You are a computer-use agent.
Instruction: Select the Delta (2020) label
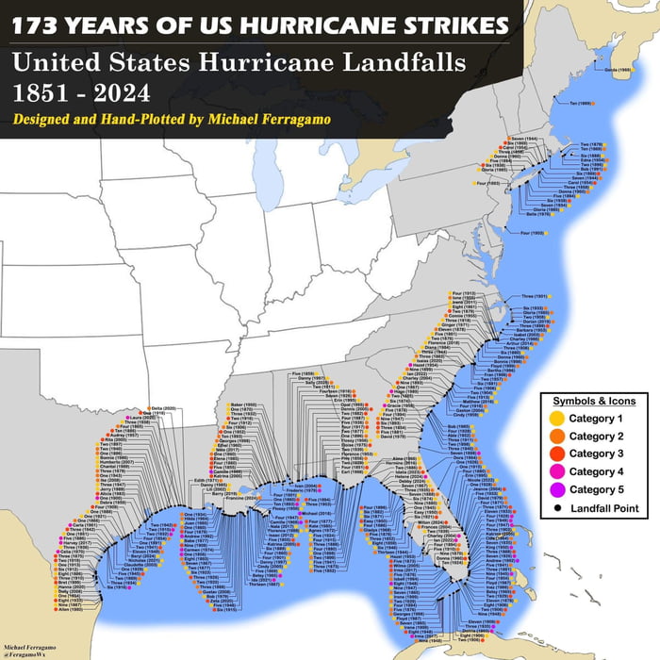tap(137, 409)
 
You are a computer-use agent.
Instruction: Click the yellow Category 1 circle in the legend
tap(557, 417)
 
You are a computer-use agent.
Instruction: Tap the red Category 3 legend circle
tap(557, 454)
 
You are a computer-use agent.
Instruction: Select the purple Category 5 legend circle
tap(557, 489)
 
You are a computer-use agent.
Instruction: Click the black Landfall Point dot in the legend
tap(557, 507)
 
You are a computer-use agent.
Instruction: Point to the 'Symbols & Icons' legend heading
tap(595, 400)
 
